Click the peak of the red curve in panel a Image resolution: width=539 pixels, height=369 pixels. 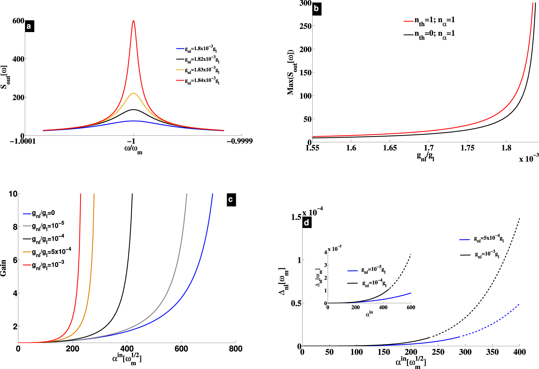pyautogui.click(x=133, y=21)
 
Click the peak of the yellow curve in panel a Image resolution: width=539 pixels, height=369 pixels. pyautogui.click(x=133, y=93)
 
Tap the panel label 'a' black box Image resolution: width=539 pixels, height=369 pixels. pyautogui.click(x=29, y=26)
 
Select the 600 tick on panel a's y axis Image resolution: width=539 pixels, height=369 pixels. pyautogui.click(x=18, y=21)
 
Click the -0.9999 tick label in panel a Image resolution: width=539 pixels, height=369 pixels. pyautogui.click(x=239, y=141)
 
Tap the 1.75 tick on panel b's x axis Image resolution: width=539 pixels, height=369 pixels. pyautogui.click(x=467, y=148)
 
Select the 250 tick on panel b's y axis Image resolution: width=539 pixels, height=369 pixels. pyautogui.click(x=305, y=26)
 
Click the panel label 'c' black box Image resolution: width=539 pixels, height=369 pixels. pyautogui.click(x=231, y=200)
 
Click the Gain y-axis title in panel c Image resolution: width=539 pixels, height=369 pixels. pyautogui.click(x=4, y=268)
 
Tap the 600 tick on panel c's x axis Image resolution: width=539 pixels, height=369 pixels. pyautogui.click(x=181, y=349)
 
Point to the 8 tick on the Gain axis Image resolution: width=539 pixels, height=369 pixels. pyautogui.click(x=15, y=227)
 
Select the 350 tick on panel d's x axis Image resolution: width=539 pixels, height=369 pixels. pyautogui.click(x=492, y=352)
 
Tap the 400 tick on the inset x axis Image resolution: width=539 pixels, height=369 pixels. pyautogui.click(x=383, y=307)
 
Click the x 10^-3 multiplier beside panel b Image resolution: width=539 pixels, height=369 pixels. pyautogui.click(x=528, y=158)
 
